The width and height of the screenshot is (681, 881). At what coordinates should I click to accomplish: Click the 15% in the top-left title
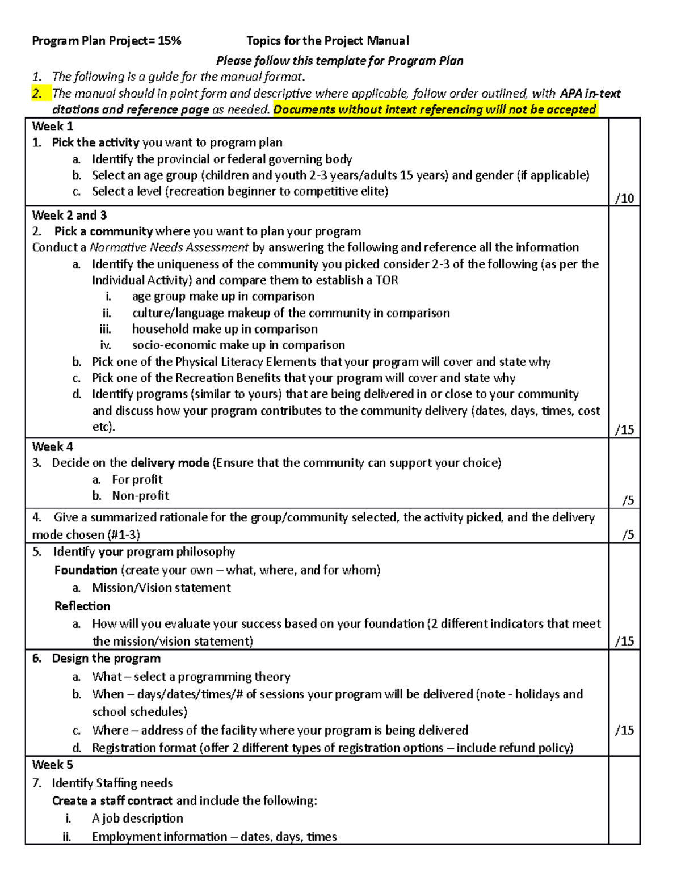(x=169, y=41)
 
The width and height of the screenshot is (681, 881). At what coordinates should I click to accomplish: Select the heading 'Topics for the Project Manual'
(x=327, y=41)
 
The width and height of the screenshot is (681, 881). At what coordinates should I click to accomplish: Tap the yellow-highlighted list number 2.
(x=37, y=94)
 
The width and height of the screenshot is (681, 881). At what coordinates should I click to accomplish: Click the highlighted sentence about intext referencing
(x=435, y=109)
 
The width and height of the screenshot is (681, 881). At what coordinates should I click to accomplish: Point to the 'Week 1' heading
(x=52, y=127)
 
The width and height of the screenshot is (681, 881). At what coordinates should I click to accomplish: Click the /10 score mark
(x=624, y=198)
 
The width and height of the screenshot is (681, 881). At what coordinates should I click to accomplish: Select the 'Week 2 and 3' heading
(x=69, y=215)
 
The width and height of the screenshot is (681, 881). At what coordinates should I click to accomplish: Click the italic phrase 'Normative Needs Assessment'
(x=169, y=247)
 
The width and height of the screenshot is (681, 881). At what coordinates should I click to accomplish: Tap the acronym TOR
(x=386, y=280)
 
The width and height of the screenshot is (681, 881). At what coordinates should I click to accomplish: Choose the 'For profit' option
(x=137, y=479)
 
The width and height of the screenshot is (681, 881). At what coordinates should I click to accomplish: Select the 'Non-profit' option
(x=140, y=495)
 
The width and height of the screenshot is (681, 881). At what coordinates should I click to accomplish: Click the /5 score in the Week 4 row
(x=627, y=500)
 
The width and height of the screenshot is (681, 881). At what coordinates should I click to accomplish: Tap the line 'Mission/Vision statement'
(x=161, y=588)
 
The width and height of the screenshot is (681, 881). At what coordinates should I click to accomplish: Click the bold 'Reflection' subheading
(x=82, y=606)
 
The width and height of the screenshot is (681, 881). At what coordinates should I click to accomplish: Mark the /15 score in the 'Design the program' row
(x=624, y=730)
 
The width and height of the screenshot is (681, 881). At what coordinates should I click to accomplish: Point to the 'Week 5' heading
(x=52, y=765)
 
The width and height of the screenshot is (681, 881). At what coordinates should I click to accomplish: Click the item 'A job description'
(x=137, y=818)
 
